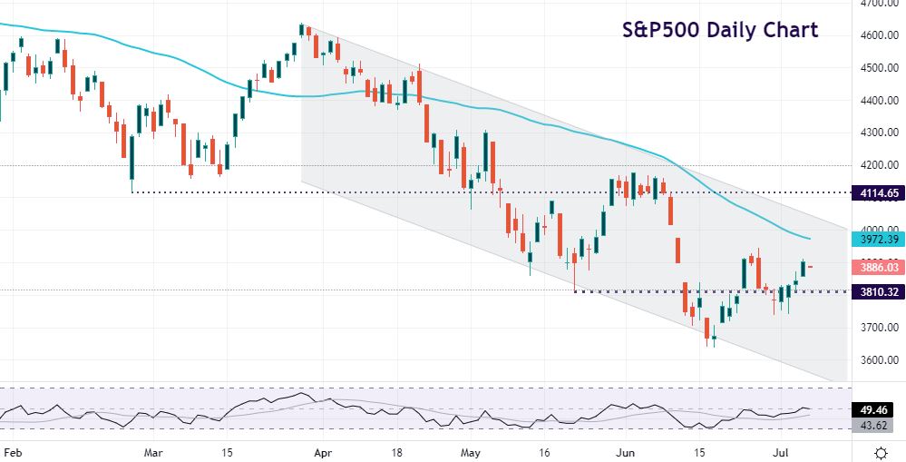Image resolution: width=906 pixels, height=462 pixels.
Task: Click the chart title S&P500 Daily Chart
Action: pyautogui.click(x=719, y=30)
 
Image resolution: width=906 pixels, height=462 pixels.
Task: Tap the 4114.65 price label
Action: pyautogui.click(x=877, y=193)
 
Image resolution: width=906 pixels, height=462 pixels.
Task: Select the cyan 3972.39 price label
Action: pyautogui.click(x=877, y=239)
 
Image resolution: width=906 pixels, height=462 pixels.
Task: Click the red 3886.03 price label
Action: pyautogui.click(x=877, y=268)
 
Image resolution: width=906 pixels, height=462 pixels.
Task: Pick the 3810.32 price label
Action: pyautogui.click(x=877, y=292)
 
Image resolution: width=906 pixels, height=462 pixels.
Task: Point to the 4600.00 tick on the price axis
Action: pyautogui.click(x=878, y=35)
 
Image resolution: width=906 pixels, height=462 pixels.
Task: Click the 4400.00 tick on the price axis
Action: pyautogui.click(x=878, y=101)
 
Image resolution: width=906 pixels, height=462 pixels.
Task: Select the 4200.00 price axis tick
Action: pyautogui.click(x=878, y=165)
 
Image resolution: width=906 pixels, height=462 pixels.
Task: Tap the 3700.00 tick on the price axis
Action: pyautogui.click(x=878, y=327)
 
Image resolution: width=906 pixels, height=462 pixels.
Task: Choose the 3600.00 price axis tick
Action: pyautogui.click(x=878, y=359)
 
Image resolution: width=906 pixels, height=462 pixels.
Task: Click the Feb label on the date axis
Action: pyautogui.click(x=12, y=450)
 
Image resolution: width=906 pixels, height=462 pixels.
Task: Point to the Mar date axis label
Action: pyautogui.click(x=154, y=450)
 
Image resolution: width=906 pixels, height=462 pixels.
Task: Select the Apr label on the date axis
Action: pyautogui.click(x=323, y=450)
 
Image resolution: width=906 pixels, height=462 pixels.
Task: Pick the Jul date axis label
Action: pyautogui.click(x=770, y=450)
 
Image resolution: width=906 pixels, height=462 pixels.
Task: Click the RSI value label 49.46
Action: pyautogui.click(x=877, y=410)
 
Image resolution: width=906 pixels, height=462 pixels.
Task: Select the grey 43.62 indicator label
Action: pyautogui.click(x=877, y=426)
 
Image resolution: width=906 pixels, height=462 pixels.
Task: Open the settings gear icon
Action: pyautogui.click(x=881, y=451)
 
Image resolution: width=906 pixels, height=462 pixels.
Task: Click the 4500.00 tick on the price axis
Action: pyautogui.click(x=878, y=68)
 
